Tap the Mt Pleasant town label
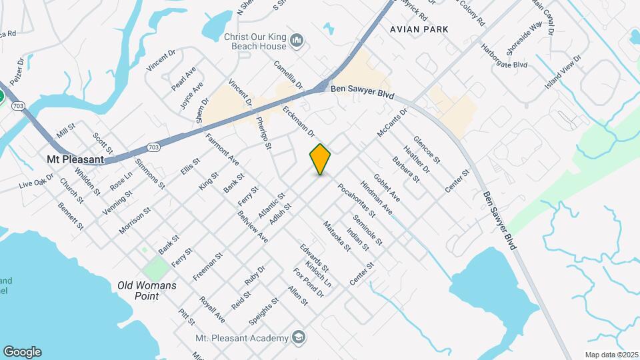(x=75, y=160)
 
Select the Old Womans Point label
(x=147, y=290)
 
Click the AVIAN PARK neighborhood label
(x=419, y=29)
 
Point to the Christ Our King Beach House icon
(x=297, y=42)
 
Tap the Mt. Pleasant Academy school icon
(x=298, y=338)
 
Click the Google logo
(x=22, y=352)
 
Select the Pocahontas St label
(x=356, y=201)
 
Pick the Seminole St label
(x=367, y=230)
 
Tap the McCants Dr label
(x=391, y=124)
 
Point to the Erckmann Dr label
(x=298, y=120)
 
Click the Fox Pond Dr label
(x=309, y=283)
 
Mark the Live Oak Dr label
(x=36, y=181)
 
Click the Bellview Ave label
(x=252, y=227)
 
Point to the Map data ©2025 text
(x=611, y=355)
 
